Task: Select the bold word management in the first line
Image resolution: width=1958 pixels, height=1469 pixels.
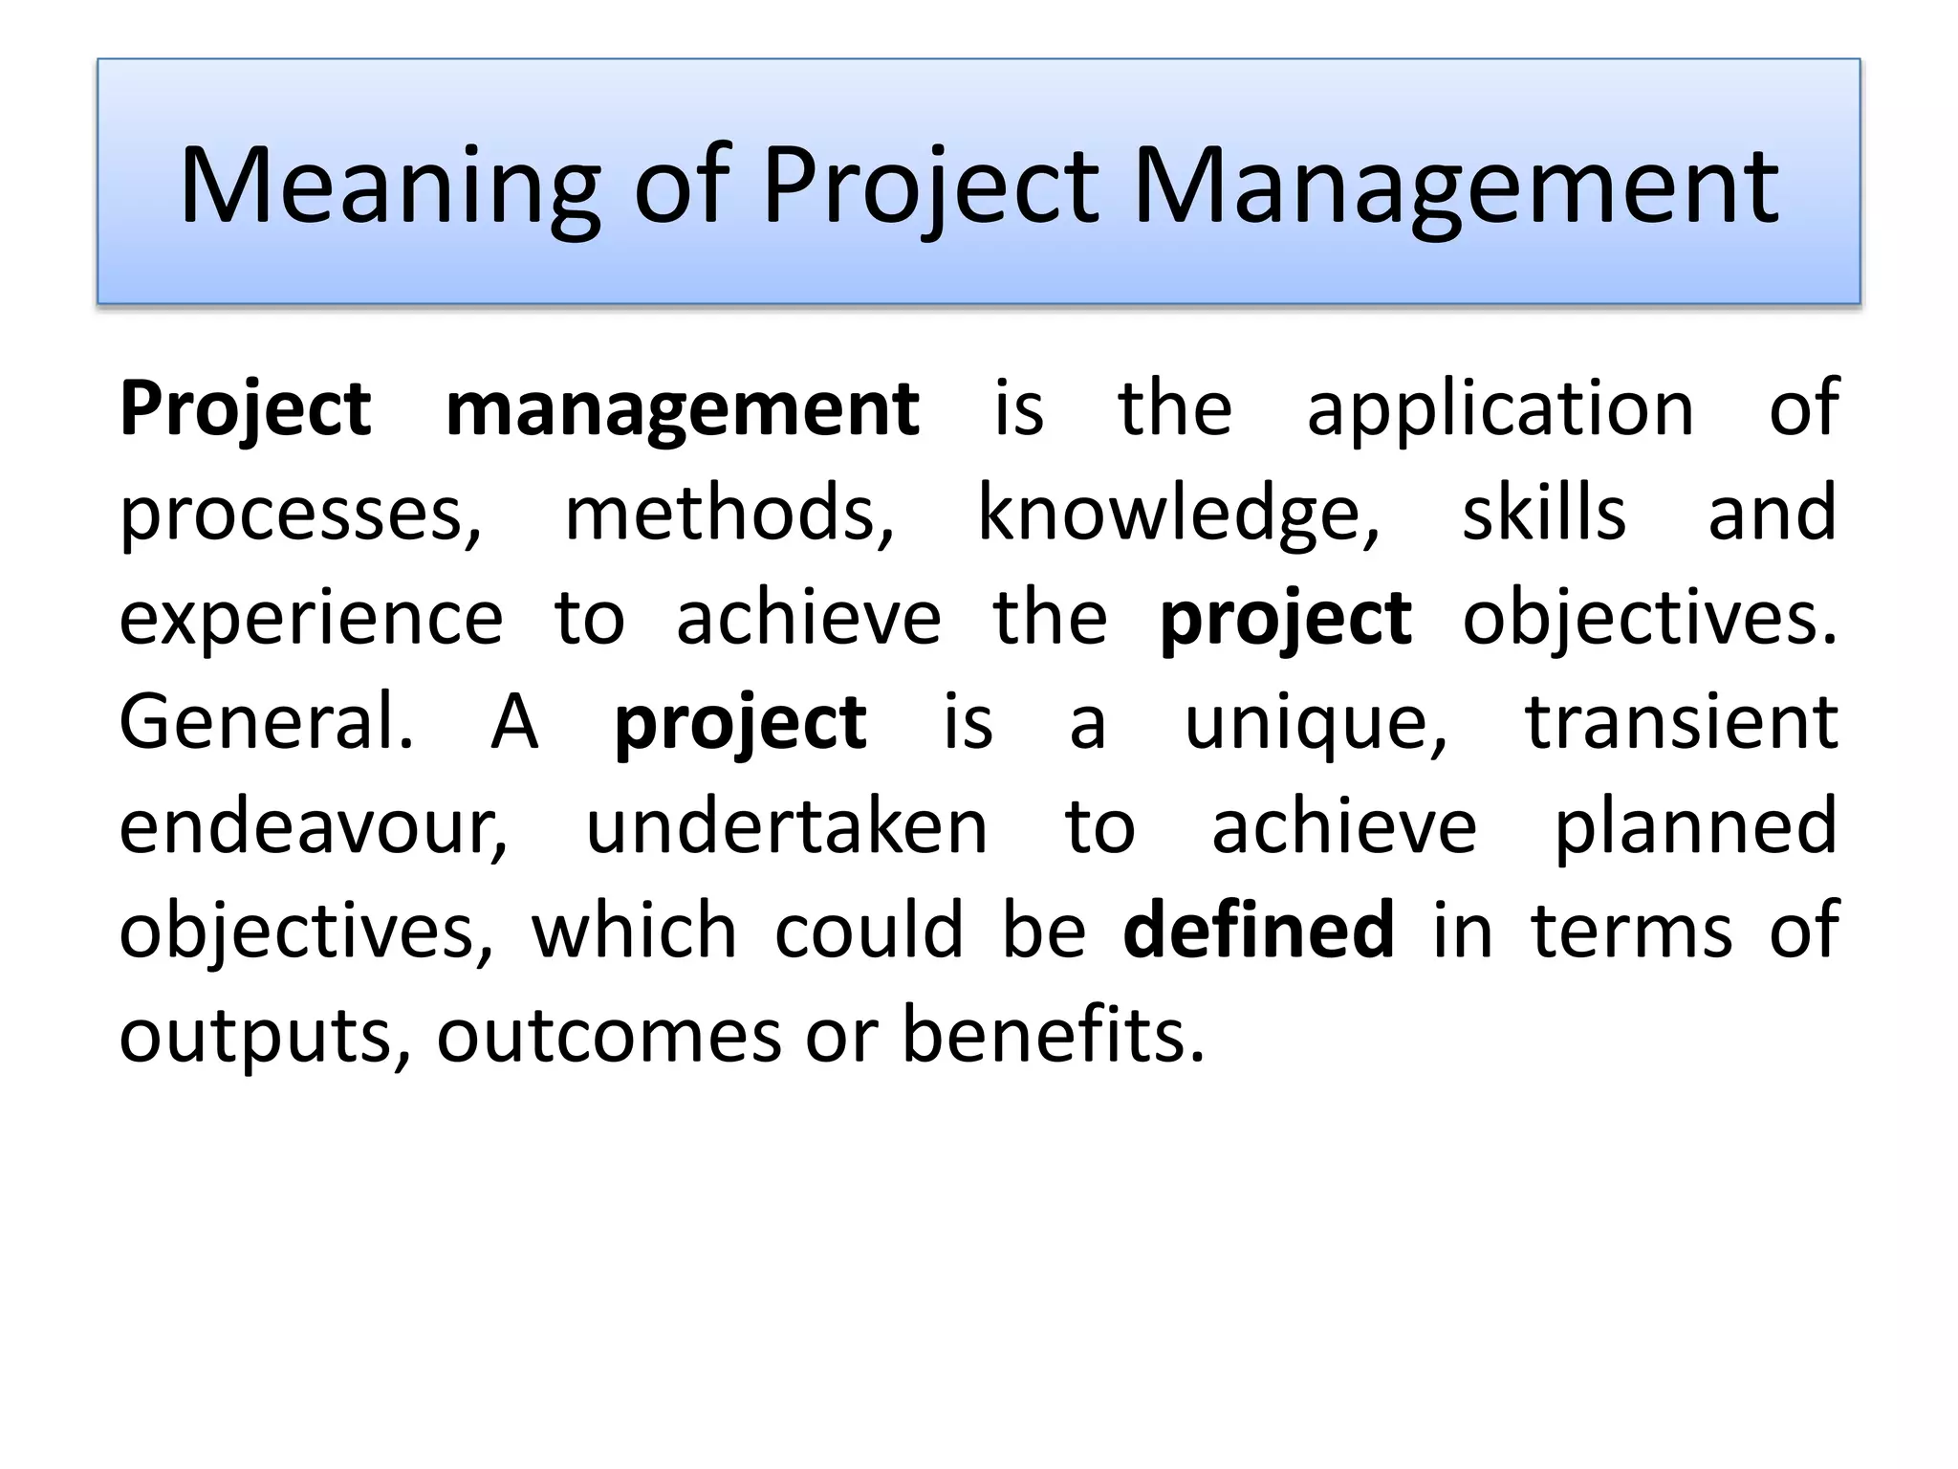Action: pos(682,409)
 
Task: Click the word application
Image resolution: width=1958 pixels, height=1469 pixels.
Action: pos(1500,409)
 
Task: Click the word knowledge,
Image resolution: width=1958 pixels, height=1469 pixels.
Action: pos(1179,515)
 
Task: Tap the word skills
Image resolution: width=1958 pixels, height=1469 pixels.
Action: pos(1543,515)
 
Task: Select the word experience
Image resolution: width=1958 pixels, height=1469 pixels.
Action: pos(311,619)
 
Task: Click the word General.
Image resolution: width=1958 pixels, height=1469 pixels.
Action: pos(267,723)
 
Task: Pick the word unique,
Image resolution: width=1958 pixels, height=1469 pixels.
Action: pos(1316,723)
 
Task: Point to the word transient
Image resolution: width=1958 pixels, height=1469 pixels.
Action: pos(1681,723)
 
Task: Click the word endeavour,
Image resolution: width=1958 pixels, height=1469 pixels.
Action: pos(314,827)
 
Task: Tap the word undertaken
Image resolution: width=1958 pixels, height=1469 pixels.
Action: pos(786,827)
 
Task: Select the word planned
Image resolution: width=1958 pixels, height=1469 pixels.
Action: pos(1695,827)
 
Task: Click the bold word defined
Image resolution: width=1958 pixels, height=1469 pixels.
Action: pos(1258,932)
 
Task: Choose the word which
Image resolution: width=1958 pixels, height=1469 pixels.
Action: pos(634,932)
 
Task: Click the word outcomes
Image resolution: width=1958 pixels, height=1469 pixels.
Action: pos(609,1036)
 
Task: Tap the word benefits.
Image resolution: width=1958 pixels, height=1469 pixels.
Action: pos(1053,1036)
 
